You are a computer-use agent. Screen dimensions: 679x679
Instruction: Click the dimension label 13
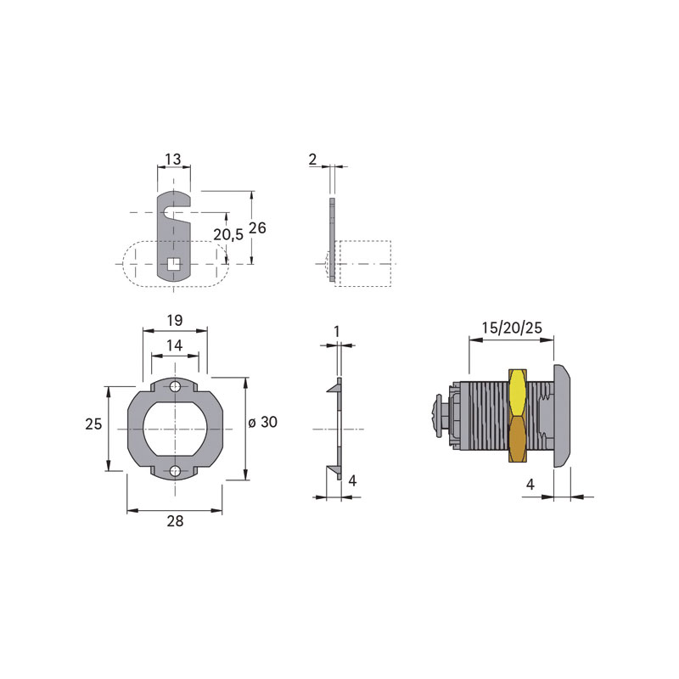click(x=173, y=159)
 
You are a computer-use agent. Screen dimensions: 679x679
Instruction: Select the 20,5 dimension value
click(x=228, y=235)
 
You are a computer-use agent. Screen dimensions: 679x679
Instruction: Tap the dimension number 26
click(x=257, y=227)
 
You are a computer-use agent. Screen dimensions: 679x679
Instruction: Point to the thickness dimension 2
click(x=312, y=160)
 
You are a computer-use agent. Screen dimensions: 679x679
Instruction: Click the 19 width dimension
click(x=175, y=321)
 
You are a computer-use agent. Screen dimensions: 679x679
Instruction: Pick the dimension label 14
click(x=175, y=345)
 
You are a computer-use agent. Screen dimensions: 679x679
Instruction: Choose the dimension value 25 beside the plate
click(x=93, y=424)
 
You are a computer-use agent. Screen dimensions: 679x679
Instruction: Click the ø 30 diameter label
click(x=263, y=422)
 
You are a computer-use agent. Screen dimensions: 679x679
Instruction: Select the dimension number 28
click(x=175, y=521)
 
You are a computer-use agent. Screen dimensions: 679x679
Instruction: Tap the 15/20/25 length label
click(x=512, y=328)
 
